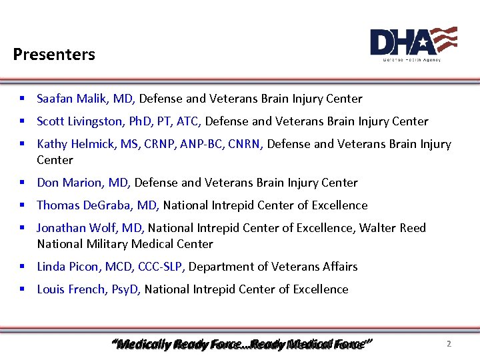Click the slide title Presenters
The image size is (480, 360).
[x=54, y=55]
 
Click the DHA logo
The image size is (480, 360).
[x=413, y=44]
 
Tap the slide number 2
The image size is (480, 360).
[x=449, y=344]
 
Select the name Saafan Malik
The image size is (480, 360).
[x=72, y=99]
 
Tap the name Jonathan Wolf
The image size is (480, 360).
[x=73, y=229]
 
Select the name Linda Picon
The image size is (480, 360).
[x=68, y=267]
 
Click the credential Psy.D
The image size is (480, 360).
[x=125, y=290]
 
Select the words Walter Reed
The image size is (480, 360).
[x=393, y=229]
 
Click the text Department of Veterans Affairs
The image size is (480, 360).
[x=274, y=267]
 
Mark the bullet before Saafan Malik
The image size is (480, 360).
[x=22, y=99]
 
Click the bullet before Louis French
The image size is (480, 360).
[x=22, y=290]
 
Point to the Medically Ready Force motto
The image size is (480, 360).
[x=241, y=345]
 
